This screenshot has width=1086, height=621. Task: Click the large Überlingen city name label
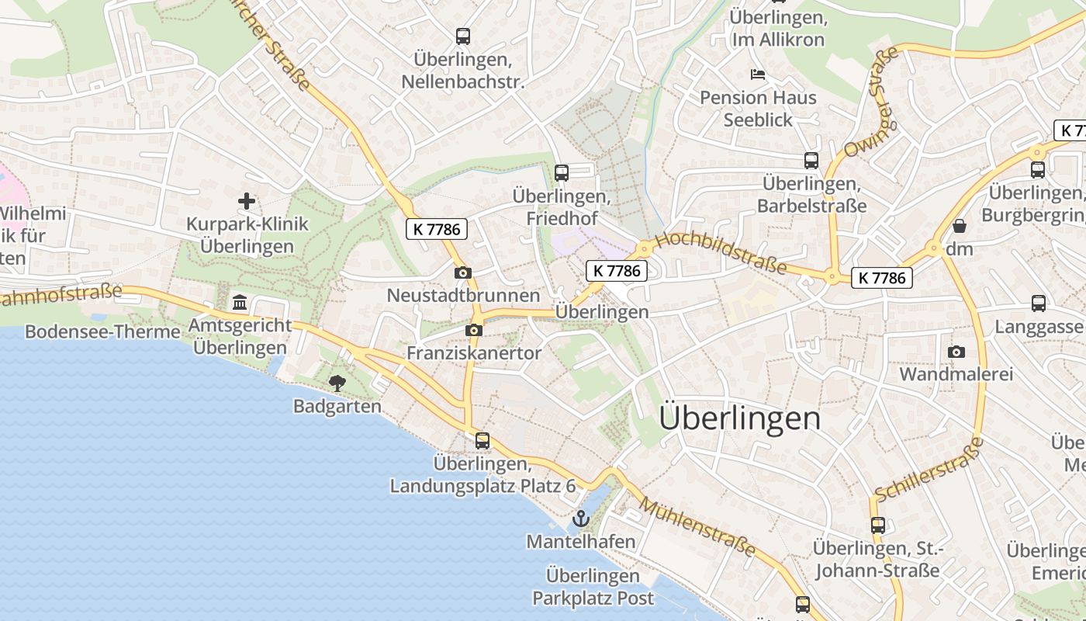tap(739, 418)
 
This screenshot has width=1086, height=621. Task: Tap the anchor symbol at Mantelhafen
tap(581, 519)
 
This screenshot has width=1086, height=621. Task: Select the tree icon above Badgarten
tap(337, 383)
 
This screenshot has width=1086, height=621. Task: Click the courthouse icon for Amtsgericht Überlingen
tap(240, 302)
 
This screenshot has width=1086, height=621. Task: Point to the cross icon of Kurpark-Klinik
tap(247, 202)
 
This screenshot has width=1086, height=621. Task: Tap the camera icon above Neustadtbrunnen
tap(462, 272)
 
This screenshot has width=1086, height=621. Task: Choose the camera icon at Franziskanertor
tap(474, 331)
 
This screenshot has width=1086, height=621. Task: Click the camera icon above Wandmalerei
tap(956, 352)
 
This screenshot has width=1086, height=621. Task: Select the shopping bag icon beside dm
tap(960, 226)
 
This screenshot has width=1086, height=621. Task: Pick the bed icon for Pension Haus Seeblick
tap(758, 75)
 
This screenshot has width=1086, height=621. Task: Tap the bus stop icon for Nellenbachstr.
tap(463, 36)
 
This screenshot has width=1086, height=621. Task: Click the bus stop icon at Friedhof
tap(562, 172)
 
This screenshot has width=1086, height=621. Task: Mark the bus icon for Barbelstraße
tap(811, 161)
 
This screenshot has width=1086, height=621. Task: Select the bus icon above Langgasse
tap(1039, 304)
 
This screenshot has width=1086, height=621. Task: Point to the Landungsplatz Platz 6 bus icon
tap(482, 441)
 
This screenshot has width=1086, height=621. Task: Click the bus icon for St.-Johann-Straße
tap(878, 526)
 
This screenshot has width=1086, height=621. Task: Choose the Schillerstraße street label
tap(929, 470)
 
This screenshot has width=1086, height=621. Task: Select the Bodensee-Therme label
tap(102, 332)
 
